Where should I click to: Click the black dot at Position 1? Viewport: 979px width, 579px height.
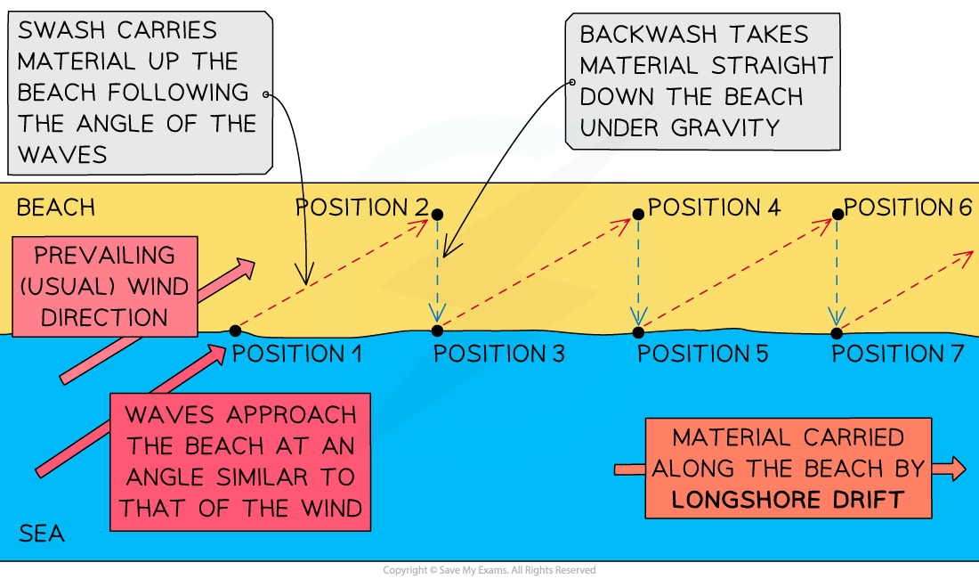(x=235, y=330)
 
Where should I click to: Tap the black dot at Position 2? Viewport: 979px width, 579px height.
(x=437, y=214)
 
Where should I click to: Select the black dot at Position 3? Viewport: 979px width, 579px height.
(x=437, y=330)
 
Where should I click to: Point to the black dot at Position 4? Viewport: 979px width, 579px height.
(x=638, y=214)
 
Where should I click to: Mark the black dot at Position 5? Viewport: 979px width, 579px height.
(x=638, y=332)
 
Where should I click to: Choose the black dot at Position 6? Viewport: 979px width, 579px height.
(x=837, y=214)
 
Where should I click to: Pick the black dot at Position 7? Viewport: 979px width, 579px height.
(x=837, y=333)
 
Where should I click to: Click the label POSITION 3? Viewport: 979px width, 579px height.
(x=498, y=354)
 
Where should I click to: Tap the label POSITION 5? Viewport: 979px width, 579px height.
(x=702, y=354)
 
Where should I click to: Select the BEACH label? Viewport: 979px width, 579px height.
(x=55, y=208)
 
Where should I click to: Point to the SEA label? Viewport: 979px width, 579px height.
(x=42, y=534)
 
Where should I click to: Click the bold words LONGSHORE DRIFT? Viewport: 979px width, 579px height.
(x=788, y=499)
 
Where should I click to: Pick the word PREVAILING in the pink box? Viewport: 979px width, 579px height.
(x=104, y=256)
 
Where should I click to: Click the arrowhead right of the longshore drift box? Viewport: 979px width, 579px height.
(x=956, y=469)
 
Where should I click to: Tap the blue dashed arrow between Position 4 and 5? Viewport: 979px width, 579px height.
(x=638, y=272)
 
